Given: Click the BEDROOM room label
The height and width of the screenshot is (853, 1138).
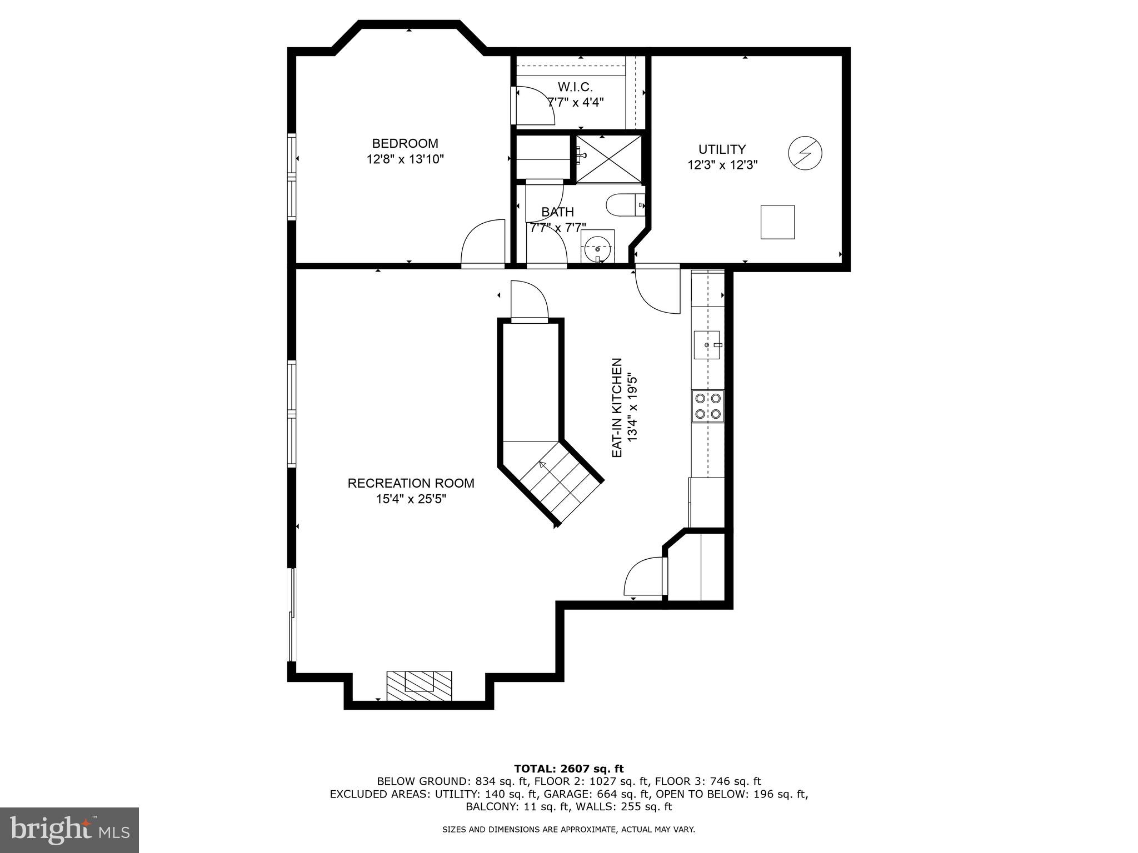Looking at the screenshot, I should [405, 144].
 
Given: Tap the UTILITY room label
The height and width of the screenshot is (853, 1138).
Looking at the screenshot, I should [722, 149].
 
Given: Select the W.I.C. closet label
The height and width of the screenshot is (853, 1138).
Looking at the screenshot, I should [575, 87].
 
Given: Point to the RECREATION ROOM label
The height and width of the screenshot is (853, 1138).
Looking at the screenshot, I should [411, 483].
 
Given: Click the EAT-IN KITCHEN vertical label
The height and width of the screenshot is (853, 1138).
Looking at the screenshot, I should [616, 408].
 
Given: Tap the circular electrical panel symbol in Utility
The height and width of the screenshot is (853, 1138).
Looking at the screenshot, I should [805, 153].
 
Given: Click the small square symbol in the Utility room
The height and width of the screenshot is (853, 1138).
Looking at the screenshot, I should [777, 222].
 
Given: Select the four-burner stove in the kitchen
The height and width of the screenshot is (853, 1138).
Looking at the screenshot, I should [708, 407].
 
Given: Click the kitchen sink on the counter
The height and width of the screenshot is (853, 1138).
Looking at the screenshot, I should [707, 345].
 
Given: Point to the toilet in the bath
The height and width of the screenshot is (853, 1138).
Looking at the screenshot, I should [623, 205].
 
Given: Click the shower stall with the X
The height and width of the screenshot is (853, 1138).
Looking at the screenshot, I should [608, 159].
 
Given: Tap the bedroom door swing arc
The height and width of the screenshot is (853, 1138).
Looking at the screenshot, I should [481, 243].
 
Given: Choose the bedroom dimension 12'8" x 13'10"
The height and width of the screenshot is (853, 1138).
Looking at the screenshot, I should [405, 160].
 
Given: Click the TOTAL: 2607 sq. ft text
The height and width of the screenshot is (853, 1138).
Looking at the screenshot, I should [568, 769].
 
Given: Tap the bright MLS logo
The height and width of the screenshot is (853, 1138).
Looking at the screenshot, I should [69, 830].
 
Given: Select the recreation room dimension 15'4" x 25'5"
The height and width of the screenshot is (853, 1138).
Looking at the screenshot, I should [411, 499].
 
